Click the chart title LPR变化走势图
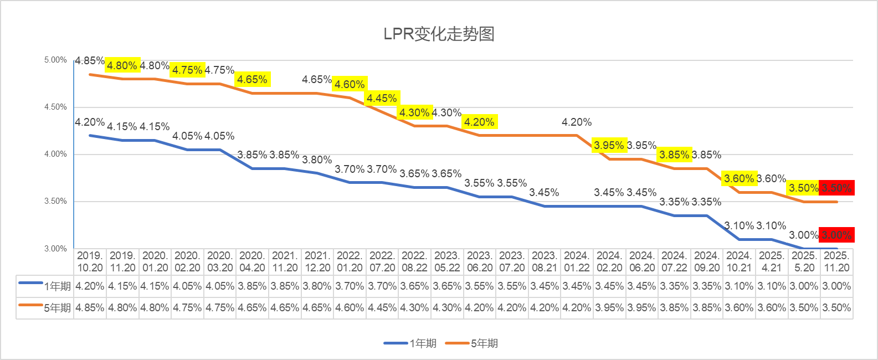tap(439, 34)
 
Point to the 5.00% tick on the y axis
tap(55, 60)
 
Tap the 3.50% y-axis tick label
tap(55, 201)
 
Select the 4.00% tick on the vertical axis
tap(55, 154)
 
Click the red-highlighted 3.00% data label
tap(836, 235)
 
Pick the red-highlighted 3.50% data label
tap(836, 188)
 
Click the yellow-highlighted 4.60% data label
tap(350, 84)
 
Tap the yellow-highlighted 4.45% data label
tap(382, 98)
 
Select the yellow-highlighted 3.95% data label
tap(609, 145)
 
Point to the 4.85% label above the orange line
tap(90, 60)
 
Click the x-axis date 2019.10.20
tap(90, 261)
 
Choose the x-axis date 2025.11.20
tap(836, 261)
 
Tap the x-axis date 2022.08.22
tap(414, 261)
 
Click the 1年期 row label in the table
tap(58, 286)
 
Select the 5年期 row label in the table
tap(58, 308)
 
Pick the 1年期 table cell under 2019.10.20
tap(90, 286)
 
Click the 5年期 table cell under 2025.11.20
tap(836, 308)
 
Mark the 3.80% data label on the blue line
tap(317, 160)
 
